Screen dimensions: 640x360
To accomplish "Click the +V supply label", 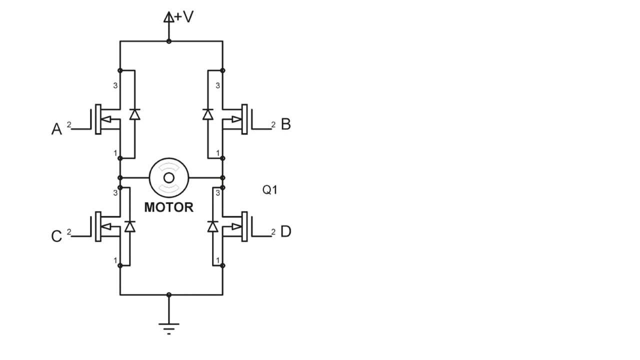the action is click(x=183, y=16).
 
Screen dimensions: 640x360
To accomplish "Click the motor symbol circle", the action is click(x=169, y=177).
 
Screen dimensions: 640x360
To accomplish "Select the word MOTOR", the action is click(x=169, y=207).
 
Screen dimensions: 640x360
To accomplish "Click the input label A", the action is click(x=56, y=129).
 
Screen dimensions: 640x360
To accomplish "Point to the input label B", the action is click(x=285, y=124).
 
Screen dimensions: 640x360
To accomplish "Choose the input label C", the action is click(x=56, y=236).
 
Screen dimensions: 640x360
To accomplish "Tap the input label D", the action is click(x=285, y=231).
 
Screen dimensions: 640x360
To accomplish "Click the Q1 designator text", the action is click(x=269, y=189).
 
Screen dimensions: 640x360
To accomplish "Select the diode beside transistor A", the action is click(x=135, y=114).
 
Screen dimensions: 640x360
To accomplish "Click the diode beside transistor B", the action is click(x=207, y=114).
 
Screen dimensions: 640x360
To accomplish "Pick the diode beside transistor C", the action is click(x=130, y=226).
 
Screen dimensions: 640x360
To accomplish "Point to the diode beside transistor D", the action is click(x=212, y=226).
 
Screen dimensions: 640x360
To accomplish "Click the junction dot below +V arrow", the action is click(x=169, y=41).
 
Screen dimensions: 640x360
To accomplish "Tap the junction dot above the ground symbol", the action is click(x=169, y=294).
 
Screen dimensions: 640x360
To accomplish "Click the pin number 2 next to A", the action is click(x=69, y=124).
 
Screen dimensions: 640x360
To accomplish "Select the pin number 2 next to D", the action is click(x=273, y=232).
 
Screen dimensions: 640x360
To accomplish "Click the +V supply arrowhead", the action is click(x=168, y=17).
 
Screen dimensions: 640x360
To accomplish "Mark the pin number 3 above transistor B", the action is click(x=217, y=85).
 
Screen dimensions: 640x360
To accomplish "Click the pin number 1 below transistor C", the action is click(x=115, y=260).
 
